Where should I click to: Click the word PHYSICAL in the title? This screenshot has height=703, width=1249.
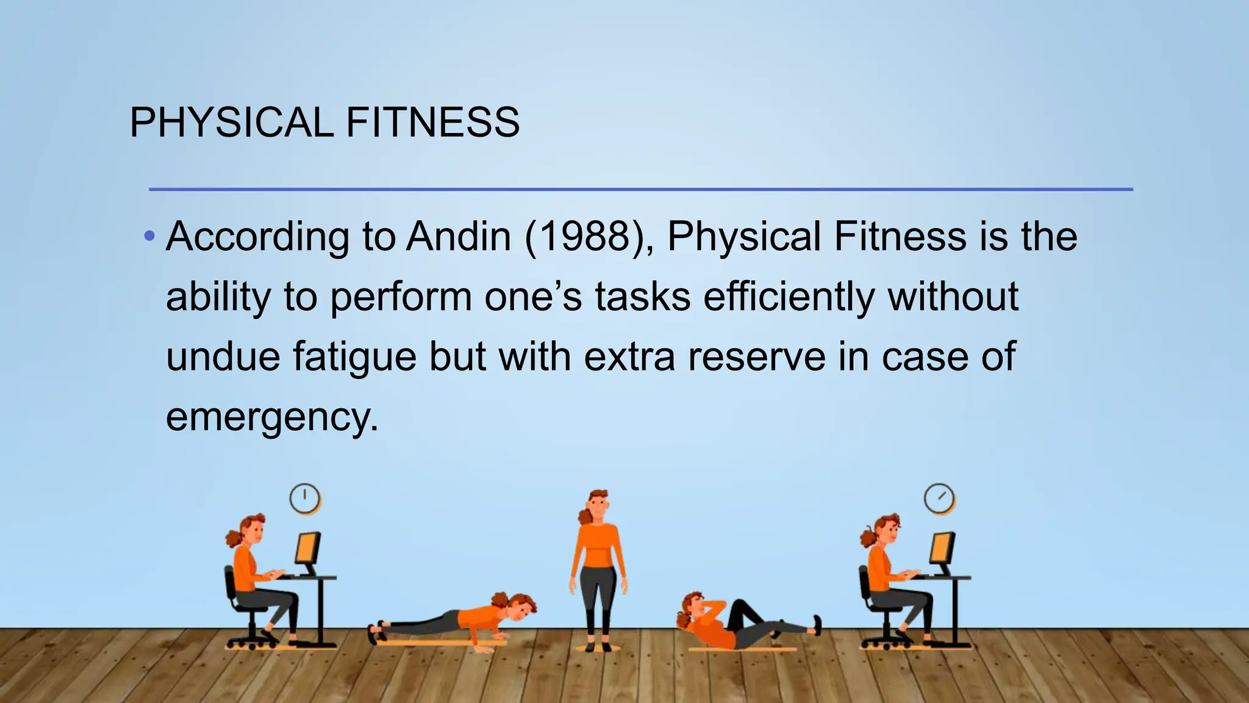tap(231, 122)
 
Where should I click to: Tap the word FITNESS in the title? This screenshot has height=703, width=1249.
tap(432, 122)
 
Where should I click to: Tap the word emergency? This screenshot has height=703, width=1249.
tap(271, 418)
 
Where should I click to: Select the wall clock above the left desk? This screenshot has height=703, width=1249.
tap(304, 499)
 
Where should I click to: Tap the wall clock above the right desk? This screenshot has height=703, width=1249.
tap(939, 499)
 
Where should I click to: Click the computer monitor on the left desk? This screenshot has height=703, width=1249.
tap(307, 549)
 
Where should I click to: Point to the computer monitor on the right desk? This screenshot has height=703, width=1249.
tap(942, 549)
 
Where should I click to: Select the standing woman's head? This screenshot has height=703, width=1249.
tap(598, 504)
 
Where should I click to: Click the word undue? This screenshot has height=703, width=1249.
tap(223, 357)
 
